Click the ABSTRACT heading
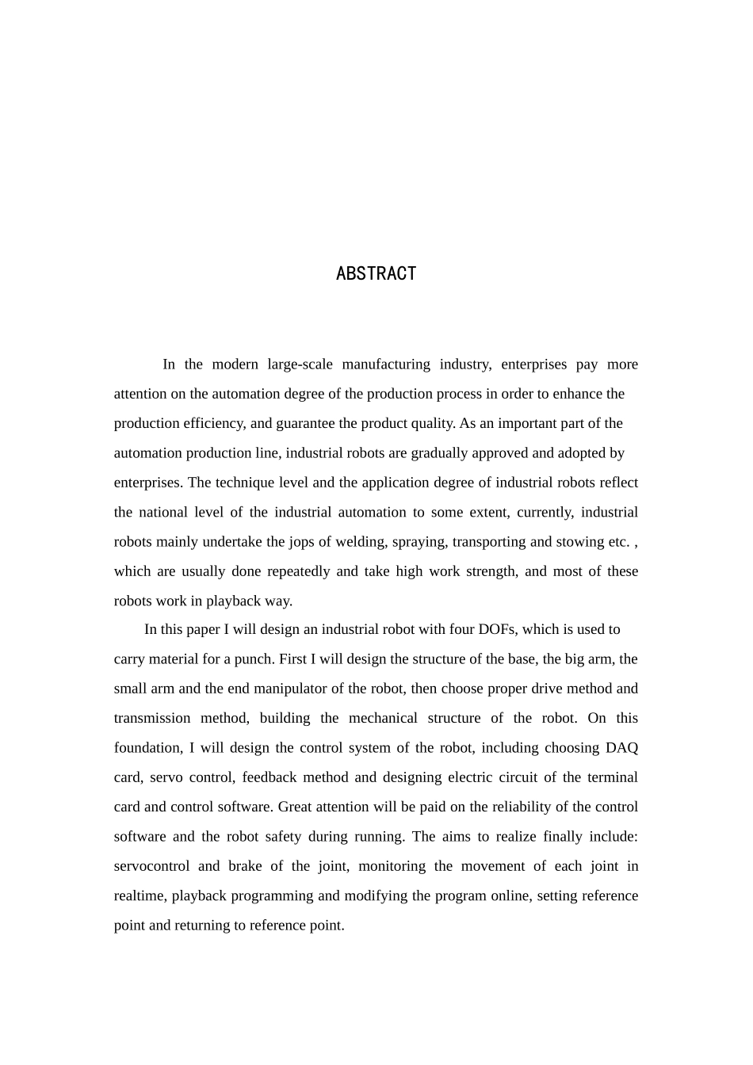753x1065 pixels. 376,273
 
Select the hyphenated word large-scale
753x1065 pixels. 300,365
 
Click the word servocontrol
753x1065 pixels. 151,866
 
